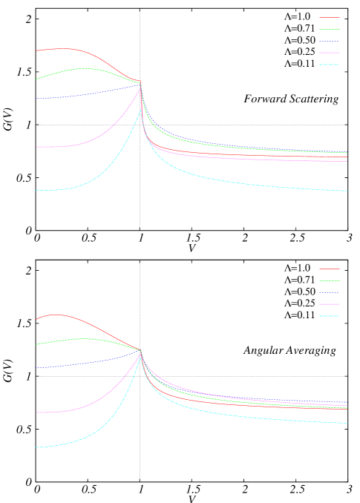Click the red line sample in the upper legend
pyautogui.click(x=330, y=17)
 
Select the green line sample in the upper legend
pyautogui.click(x=330, y=29)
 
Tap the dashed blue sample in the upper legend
pyautogui.click(x=330, y=41)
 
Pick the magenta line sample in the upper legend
pyautogui.click(x=330, y=53)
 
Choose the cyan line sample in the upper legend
pyautogui.click(x=330, y=65)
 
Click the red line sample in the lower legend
pyautogui.click(x=330, y=269)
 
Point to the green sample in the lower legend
pyautogui.click(x=330, y=280)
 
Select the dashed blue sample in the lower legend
pyautogui.click(x=330, y=292)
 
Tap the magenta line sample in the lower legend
pyautogui.click(x=330, y=304)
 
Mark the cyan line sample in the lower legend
pyautogui.click(x=330, y=316)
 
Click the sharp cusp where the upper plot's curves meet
pyautogui.click(x=141, y=83)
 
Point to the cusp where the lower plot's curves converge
pyautogui.click(x=140, y=351)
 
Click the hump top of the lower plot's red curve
pyautogui.click(x=55, y=315)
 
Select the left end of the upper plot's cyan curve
pyautogui.click(x=36, y=191)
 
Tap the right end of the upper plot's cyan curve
pyautogui.click(x=347, y=191)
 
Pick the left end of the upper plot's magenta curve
pyautogui.click(x=36, y=147)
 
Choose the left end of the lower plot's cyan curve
pyautogui.click(x=36, y=447)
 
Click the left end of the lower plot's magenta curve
pyautogui.click(x=36, y=412)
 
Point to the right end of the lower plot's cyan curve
pyautogui.click(x=347, y=424)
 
